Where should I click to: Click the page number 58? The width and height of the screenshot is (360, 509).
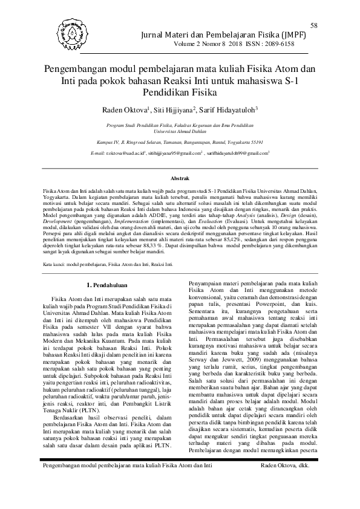coord(314,25)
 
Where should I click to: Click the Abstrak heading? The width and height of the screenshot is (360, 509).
coord(180,178)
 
